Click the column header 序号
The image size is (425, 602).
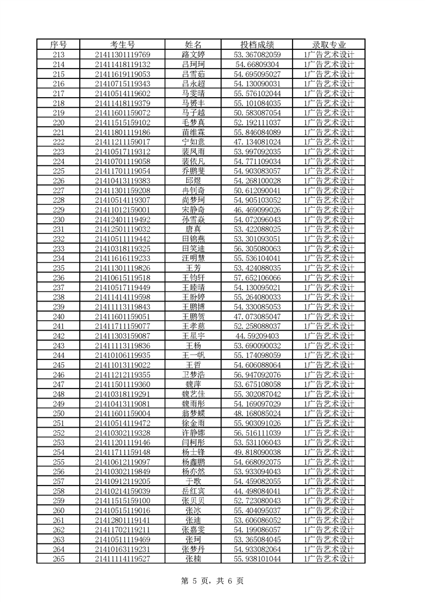(x=58, y=44)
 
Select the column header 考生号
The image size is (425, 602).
(x=122, y=44)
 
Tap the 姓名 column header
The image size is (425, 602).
(x=193, y=44)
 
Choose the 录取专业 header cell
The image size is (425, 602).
(x=329, y=44)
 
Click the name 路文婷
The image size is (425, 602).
(x=193, y=54)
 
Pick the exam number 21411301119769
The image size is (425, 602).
(x=122, y=54)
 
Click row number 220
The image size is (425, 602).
(x=58, y=122)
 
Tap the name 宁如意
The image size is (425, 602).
(x=193, y=142)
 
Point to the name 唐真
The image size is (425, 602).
(x=193, y=229)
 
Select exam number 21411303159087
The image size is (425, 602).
(x=122, y=336)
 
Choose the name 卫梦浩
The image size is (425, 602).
(x=193, y=375)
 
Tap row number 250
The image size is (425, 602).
(x=58, y=413)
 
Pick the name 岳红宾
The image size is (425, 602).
(x=193, y=491)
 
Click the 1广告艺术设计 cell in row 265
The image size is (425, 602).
(x=329, y=559)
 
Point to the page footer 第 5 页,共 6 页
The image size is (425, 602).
(x=213, y=581)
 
